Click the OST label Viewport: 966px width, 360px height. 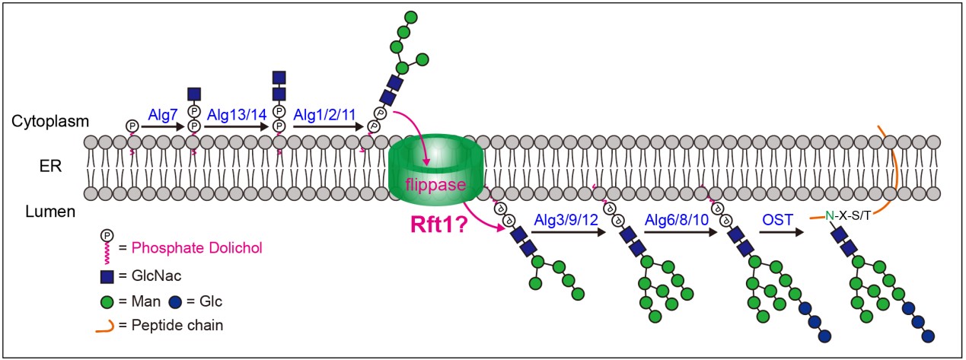[778, 220]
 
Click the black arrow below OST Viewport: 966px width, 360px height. [779, 234]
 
